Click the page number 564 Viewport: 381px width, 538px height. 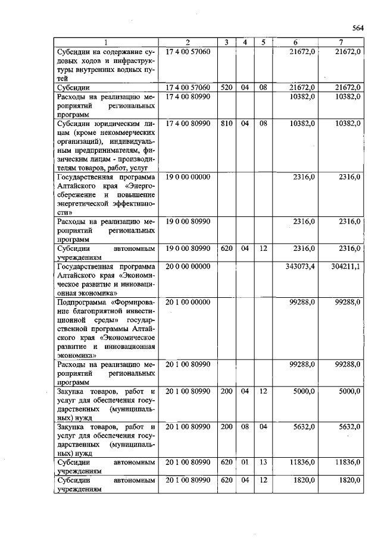[x=357, y=27]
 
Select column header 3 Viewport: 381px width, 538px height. [x=226, y=42]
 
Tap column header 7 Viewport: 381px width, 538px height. [x=341, y=42]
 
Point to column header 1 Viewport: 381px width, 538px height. [x=105, y=42]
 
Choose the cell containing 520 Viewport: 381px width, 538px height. [x=226, y=87]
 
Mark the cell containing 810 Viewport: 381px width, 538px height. [x=226, y=124]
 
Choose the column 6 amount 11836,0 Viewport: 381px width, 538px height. [x=302, y=462]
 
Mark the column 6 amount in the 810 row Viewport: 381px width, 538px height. [x=302, y=124]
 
